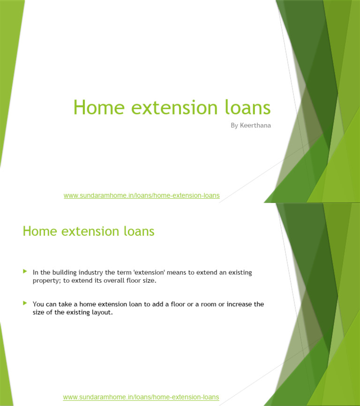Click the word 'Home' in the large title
pos(93,108)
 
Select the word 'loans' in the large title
pos(246,108)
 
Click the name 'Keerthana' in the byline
pos(255,126)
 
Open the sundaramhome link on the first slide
pos(142,195)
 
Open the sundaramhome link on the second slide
pos(141,397)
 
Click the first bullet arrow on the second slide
pos(25,271)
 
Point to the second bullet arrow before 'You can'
pos(25,303)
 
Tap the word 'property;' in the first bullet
pos(47,280)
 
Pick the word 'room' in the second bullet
pos(204,304)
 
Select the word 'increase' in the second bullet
pos(239,304)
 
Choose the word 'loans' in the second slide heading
pos(139,231)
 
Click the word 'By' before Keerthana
pos(234,126)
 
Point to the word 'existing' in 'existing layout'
pos(75,312)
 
